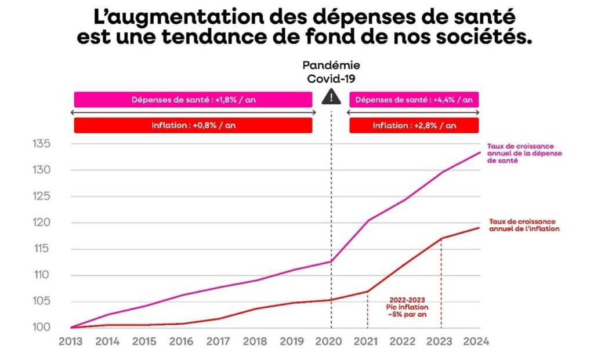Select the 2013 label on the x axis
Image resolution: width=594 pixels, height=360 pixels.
point(71,341)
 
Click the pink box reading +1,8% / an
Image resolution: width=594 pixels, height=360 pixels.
point(193,100)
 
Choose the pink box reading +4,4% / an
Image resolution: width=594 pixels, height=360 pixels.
point(414,100)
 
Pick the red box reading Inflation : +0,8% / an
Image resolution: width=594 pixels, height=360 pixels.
point(193,125)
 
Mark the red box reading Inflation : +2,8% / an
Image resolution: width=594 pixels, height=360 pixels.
point(414,125)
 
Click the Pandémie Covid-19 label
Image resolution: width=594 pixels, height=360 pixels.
point(331,72)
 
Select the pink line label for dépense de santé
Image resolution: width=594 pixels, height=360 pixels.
point(513,153)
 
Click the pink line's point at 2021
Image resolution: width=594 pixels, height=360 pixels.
point(368,220)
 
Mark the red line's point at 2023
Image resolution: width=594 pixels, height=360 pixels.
point(441,238)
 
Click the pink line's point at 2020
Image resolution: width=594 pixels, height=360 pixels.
point(331,261)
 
